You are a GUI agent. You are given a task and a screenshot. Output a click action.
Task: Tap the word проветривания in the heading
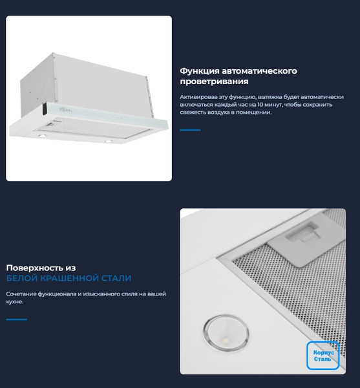pos(214,82)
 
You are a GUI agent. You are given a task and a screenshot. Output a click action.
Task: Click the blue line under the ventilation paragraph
pos(190,130)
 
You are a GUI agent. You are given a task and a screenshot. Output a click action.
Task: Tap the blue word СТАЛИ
pos(116,279)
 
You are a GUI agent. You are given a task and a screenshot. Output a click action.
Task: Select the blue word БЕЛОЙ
pos(21,279)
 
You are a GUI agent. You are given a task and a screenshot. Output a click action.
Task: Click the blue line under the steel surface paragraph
pos(16,319)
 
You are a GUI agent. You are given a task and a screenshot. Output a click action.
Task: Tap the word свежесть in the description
pos(195,113)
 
